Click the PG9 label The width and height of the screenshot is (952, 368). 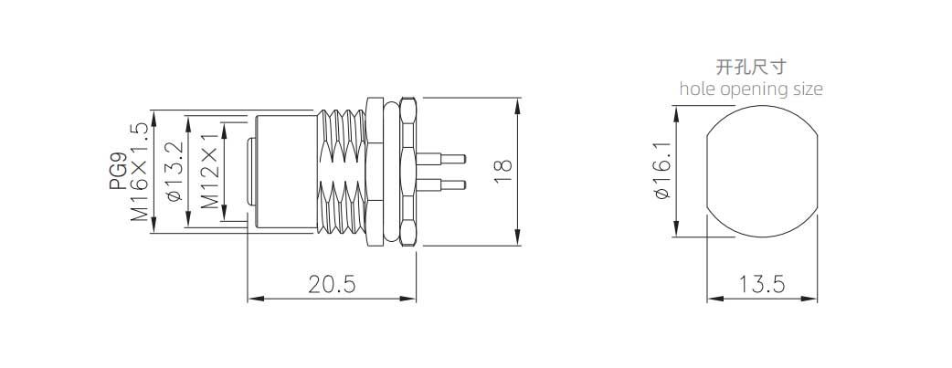(x=119, y=172)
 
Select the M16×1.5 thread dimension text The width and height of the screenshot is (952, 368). (x=140, y=172)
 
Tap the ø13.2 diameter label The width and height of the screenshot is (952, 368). (x=175, y=172)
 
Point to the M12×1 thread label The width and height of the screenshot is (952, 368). (x=210, y=172)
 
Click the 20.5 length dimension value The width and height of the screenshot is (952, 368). (x=332, y=284)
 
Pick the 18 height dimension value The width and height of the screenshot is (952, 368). (x=503, y=173)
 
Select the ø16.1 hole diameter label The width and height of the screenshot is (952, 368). (x=661, y=171)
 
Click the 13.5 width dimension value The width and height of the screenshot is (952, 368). (x=762, y=284)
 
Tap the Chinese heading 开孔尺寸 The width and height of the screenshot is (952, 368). (x=751, y=66)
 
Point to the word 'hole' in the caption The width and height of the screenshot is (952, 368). (x=698, y=89)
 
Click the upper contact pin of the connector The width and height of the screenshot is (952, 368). (x=440, y=159)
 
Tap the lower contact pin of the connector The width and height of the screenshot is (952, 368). (x=440, y=184)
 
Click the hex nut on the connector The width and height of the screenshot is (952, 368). (x=408, y=172)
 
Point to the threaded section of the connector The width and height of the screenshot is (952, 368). (x=342, y=172)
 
